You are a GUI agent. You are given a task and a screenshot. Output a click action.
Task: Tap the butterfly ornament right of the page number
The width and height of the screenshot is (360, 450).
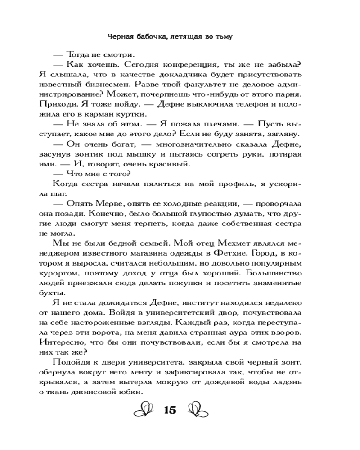click(198, 410)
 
